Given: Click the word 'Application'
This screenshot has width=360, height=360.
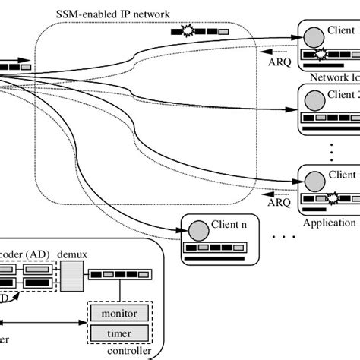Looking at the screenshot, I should click(329, 223).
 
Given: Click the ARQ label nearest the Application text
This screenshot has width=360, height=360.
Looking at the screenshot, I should click(279, 203).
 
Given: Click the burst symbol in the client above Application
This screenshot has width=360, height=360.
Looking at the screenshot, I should click(332, 199).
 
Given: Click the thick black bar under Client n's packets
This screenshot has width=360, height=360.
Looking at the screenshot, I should click(219, 258).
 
